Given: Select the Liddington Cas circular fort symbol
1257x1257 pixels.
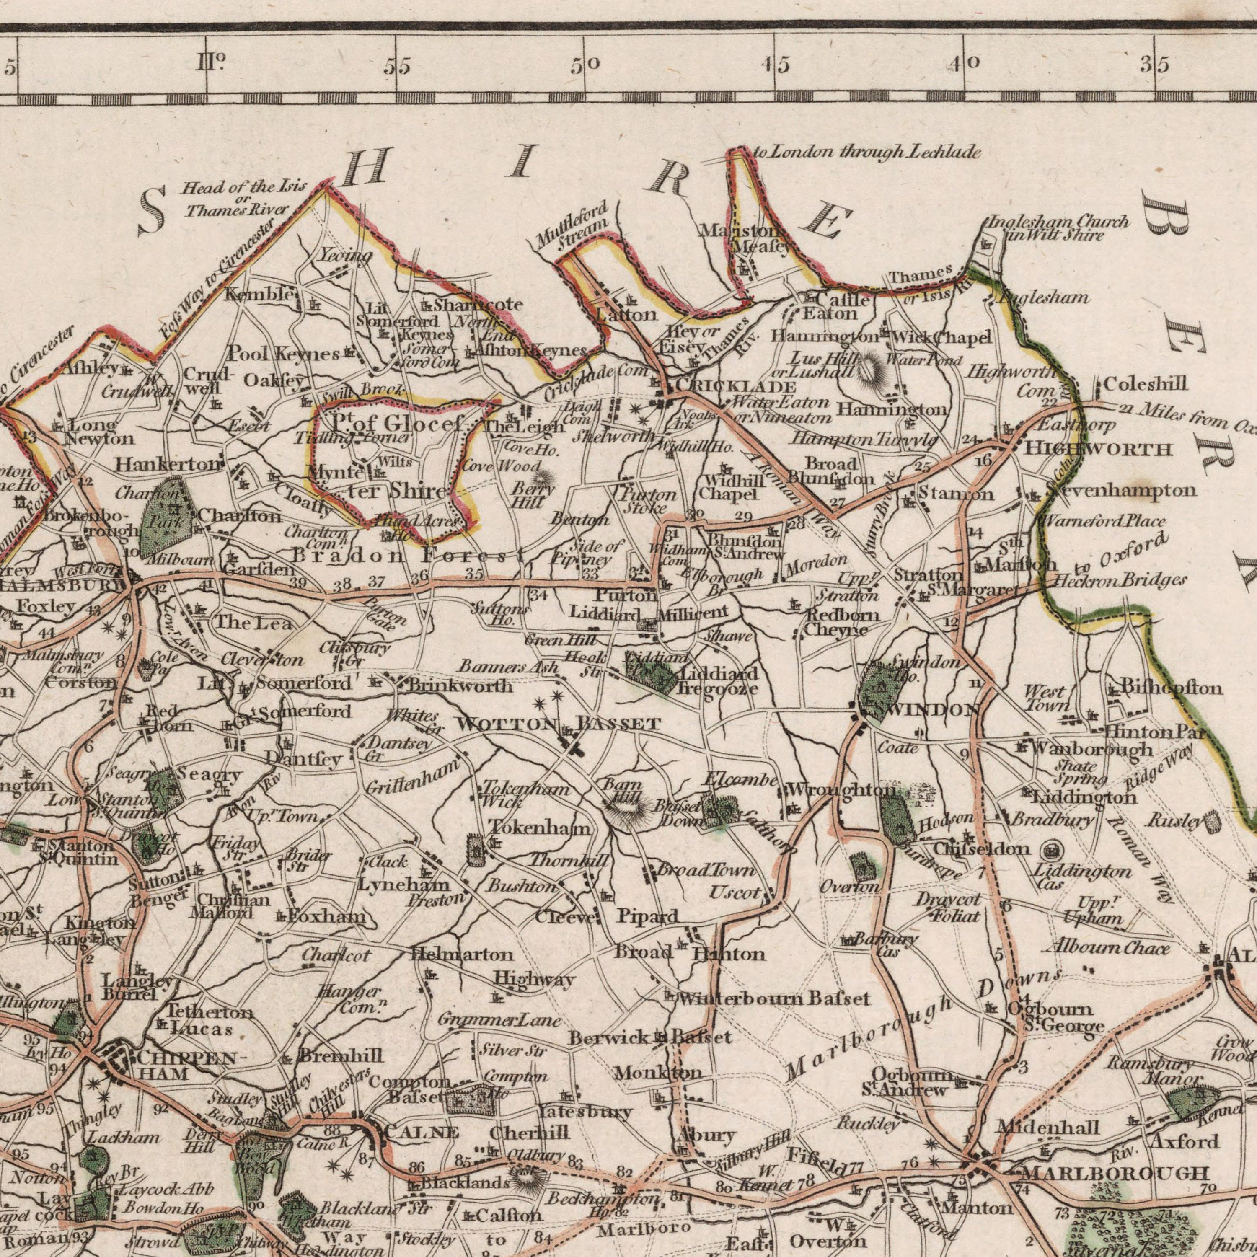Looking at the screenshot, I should click(1048, 850).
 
